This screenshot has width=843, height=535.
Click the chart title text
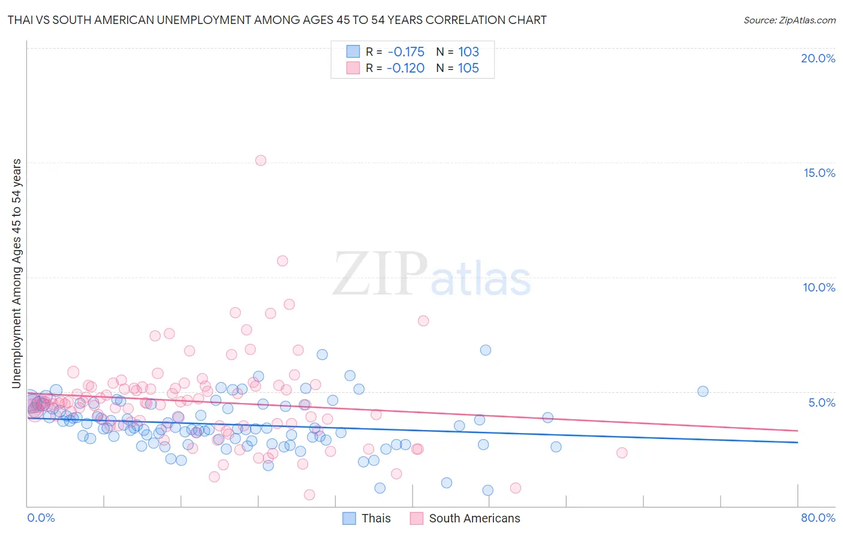pos(277,20)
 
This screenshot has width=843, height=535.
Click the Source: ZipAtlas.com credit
pos(789,20)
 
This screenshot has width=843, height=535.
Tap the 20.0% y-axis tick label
pos(818,58)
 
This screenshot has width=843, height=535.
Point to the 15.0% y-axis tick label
pos(819,173)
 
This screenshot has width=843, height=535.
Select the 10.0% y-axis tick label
pos(819,287)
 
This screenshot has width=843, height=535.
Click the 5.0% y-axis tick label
pos(821,402)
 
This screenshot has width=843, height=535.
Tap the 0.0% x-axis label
pos(41,518)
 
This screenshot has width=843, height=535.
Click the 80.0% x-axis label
pos(818,518)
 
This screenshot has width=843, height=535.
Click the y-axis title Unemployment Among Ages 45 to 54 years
pos(16,273)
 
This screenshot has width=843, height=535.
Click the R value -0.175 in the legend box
pos(406,52)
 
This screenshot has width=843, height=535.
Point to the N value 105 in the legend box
pos(468,68)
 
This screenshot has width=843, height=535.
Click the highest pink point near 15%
pos(260,160)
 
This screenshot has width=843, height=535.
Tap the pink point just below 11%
pos(282,261)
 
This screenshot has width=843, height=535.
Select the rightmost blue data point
pos(703,391)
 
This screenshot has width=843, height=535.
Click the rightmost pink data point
pos(622,453)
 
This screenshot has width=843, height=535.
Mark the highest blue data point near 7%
pos(486,350)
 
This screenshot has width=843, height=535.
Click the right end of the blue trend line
pos(797,442)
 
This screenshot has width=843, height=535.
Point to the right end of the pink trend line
pos(797,431)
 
